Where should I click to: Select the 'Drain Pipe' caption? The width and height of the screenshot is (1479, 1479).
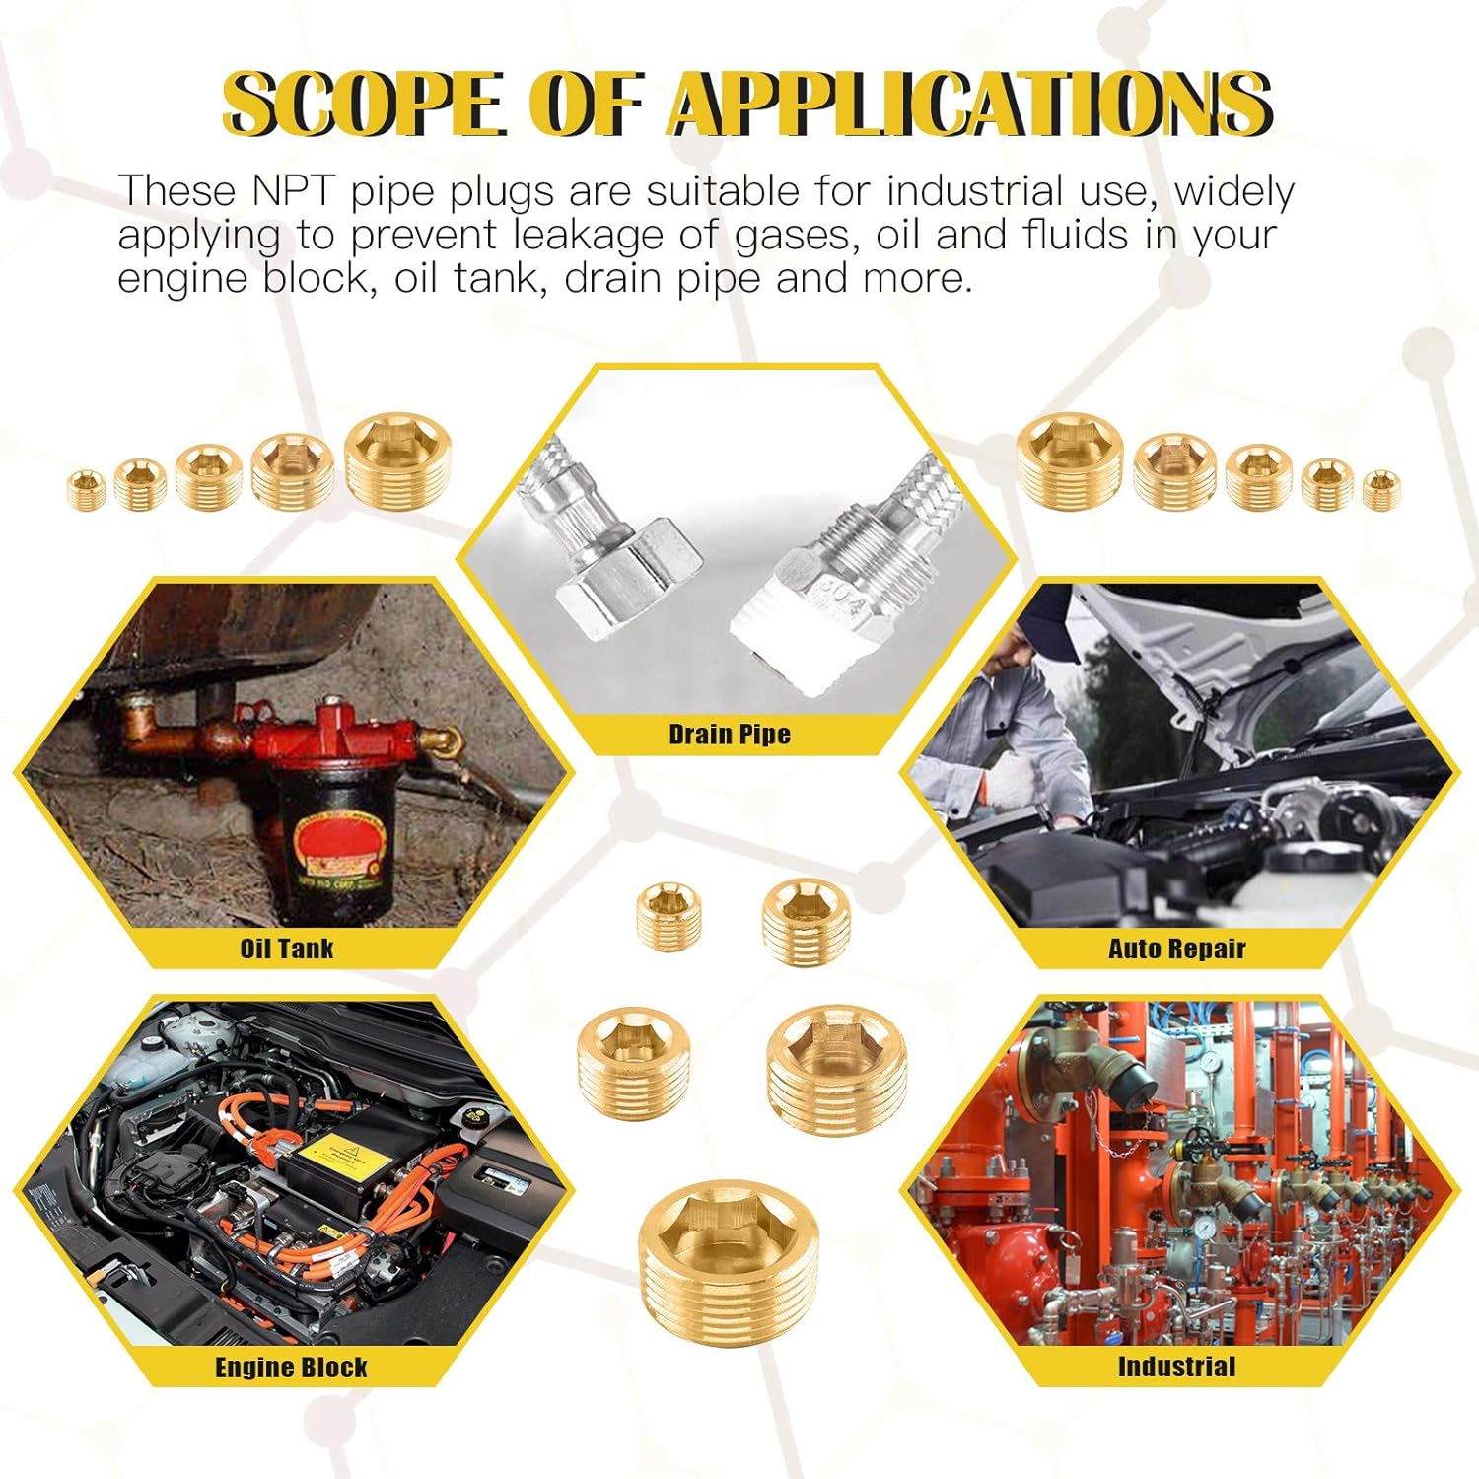click(x=730, y=735)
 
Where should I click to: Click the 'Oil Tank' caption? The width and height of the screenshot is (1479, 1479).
click(x=287, y=949)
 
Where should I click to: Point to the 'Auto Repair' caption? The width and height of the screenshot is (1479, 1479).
click(x=1177, y=949)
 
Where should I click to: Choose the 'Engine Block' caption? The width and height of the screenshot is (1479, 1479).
click(x=291, y=1368)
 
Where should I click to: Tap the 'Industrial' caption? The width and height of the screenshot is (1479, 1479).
click(x=1176, y=1367)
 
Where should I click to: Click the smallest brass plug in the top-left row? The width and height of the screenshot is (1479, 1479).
click(x=87, y=490)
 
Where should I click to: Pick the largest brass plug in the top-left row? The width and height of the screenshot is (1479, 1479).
click(x=398, y=461)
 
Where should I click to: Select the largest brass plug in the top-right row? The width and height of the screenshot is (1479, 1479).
click(x=1071, y=461)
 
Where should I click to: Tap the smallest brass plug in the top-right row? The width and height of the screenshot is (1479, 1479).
click(x=1381, y=490)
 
